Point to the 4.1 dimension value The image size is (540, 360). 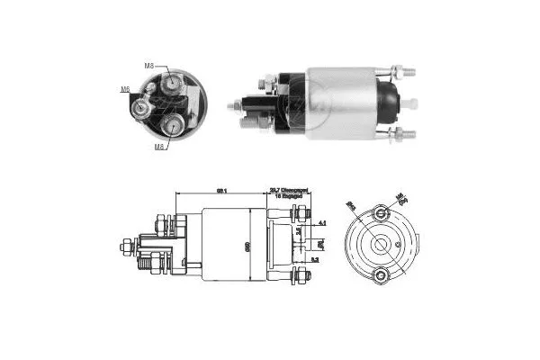pos(321,221)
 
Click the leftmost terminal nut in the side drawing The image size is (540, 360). pos(125,243)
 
